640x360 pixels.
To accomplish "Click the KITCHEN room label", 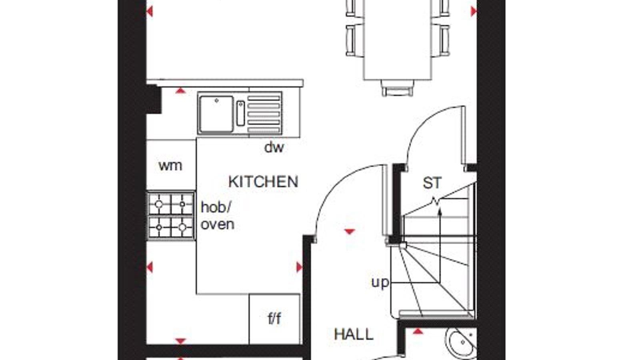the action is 263,182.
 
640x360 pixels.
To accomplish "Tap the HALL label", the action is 354,334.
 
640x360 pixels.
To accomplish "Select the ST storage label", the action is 432,183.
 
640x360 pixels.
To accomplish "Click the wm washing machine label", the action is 170,166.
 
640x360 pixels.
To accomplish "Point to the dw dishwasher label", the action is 274,148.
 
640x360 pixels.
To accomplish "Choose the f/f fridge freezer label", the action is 274,318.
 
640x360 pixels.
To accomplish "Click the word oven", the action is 218,224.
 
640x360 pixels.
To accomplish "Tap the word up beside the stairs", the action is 380,283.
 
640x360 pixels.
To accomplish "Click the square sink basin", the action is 216,114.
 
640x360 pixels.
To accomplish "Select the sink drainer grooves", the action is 264,114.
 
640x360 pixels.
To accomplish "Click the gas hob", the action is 171,216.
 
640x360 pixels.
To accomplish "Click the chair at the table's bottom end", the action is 398,88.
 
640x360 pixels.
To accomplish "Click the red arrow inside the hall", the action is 350,232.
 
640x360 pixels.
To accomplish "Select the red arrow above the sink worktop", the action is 180,90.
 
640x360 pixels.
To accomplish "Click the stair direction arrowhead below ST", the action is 440,212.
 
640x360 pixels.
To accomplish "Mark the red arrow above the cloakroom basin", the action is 418,332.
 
